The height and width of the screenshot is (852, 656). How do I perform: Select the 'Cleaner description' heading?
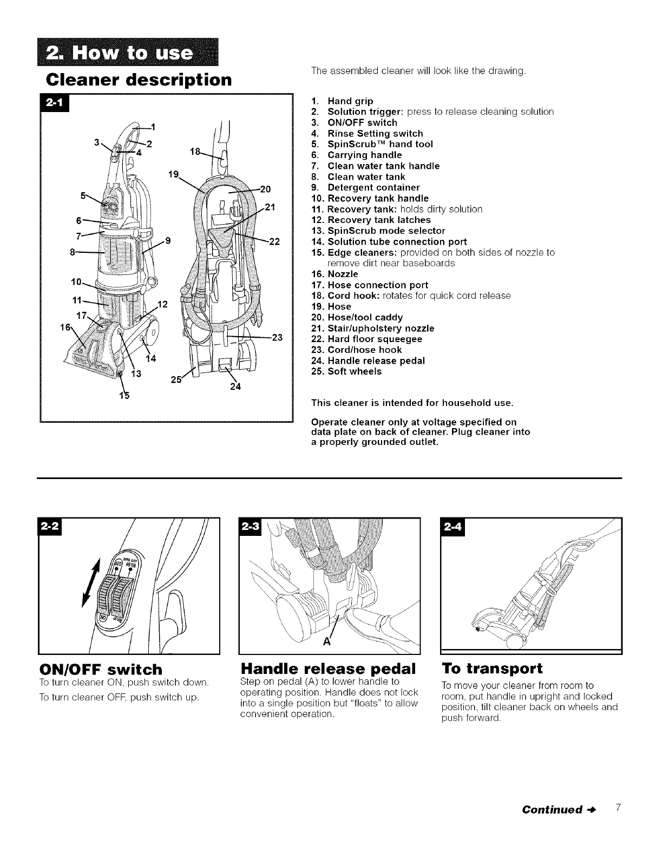pos(137,80)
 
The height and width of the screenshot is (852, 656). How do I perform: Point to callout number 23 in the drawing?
pos(277,338)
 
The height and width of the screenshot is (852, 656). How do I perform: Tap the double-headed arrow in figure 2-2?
pos(92,585)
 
